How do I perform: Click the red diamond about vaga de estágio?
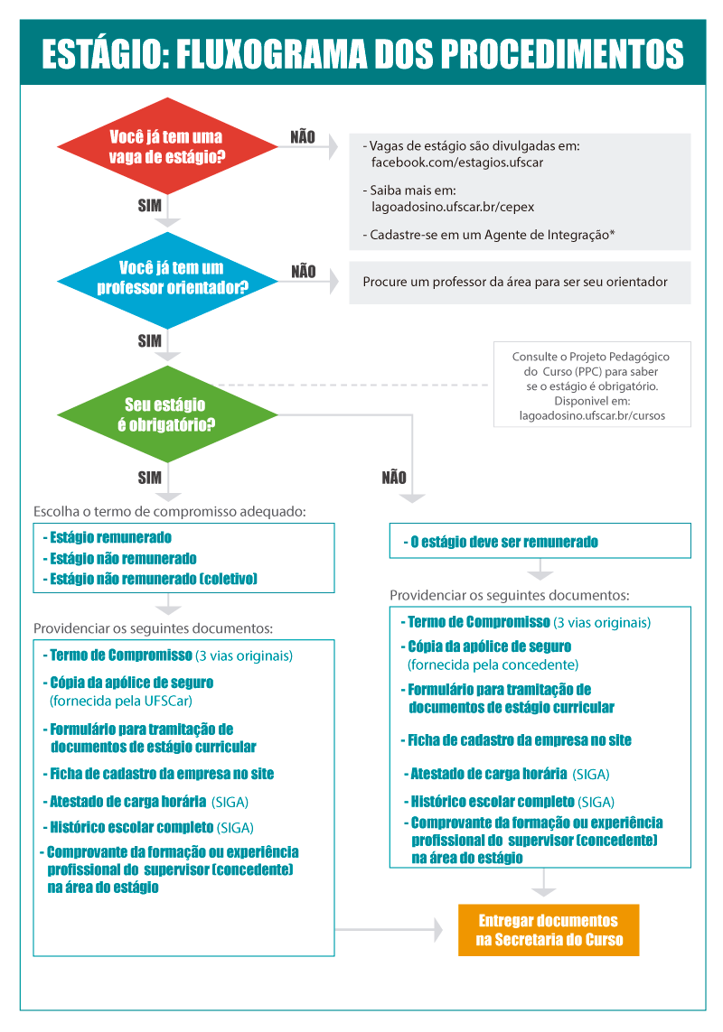(167, 147)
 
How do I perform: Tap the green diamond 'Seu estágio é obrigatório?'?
(167, 414)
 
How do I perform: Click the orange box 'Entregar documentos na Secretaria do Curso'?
(549, 930)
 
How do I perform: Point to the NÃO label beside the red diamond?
(303, 137)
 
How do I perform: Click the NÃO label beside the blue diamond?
(304, 271)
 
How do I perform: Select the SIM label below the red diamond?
(150, 206)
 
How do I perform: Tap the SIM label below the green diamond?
(150, 477)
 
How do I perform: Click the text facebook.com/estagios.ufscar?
(457, 163)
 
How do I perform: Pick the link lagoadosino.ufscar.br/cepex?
(453, 206)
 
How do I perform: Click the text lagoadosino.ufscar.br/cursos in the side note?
(592, 417)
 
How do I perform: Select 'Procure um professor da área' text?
(515, 282)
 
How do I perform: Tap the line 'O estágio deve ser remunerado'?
(504, 543)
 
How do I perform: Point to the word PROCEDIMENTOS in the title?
(568, 53)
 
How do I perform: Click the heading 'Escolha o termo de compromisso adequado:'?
(170, 511)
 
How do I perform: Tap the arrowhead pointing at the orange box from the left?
(437, 928)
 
